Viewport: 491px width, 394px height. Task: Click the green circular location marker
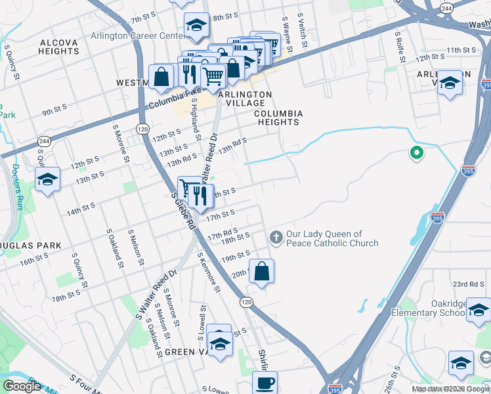(416, 154)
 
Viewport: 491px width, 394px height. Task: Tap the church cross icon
(276, 237)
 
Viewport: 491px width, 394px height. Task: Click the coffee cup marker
(265, 383)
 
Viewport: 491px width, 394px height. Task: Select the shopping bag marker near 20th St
(261, 271)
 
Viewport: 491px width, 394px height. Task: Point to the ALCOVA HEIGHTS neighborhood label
(58, 47)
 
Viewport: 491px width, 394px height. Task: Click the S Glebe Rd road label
(183, 209)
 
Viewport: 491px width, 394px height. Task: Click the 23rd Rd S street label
(468, 284)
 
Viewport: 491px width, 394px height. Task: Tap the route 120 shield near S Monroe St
(142, 130)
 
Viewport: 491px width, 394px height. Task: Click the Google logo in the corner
(22, 386)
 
